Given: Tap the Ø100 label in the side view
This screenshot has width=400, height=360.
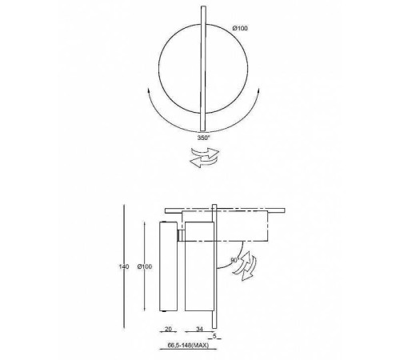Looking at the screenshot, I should point(140,266).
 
